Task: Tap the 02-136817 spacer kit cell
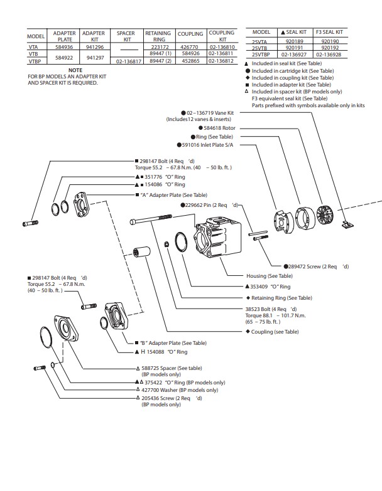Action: point(128,61)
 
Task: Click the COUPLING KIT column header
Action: point(221,36)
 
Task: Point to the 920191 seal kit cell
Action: point(294,47)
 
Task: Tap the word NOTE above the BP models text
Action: point(75,70)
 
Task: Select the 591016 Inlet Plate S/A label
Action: point(207,144)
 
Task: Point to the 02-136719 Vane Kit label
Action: point(210,112)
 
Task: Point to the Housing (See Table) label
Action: point(270,276)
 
